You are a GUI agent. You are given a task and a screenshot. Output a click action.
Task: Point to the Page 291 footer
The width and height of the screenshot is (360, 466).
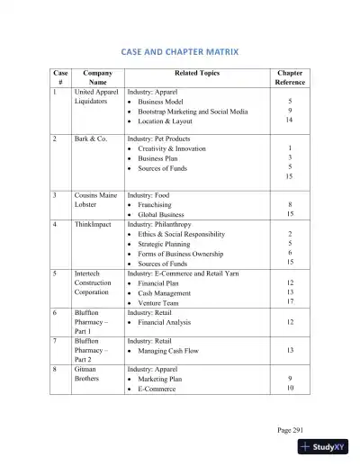(291, 430)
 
